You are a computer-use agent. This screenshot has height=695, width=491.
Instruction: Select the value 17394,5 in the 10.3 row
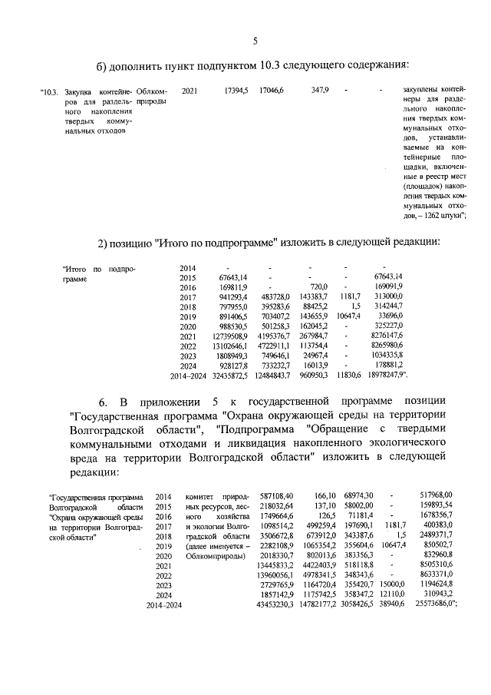tap(235, 91)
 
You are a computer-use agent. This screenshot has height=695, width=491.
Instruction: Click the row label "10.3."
tap(49, 91)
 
